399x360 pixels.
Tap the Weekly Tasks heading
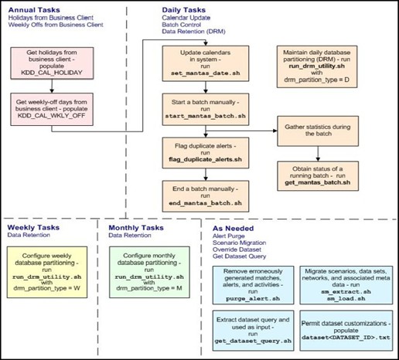(x=34, y=229)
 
